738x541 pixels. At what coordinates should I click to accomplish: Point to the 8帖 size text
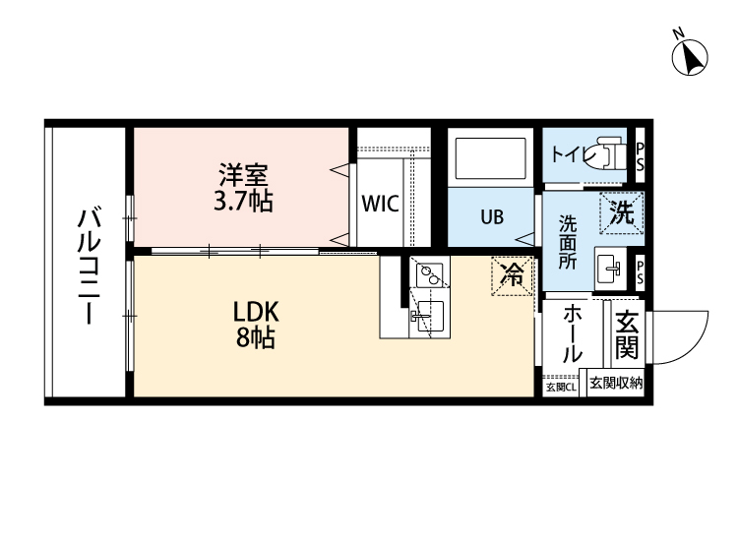[x=256, y=339]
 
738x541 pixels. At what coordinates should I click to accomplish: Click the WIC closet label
[x=379, y=205]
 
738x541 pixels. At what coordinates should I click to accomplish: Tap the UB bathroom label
[x=492, y=216]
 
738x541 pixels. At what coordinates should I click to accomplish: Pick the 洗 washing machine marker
[x=621, y=212]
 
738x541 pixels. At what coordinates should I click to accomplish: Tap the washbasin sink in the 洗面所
[x=609, y=266]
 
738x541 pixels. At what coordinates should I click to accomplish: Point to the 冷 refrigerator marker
[x=512, y=275]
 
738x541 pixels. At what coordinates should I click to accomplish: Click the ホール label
[x=571, y=334]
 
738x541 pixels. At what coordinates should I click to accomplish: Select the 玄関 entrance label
[x=626, y=335]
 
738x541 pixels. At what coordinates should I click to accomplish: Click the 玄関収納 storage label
[x=615, y=384]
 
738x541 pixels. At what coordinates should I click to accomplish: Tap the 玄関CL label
[x=562, y=387]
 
